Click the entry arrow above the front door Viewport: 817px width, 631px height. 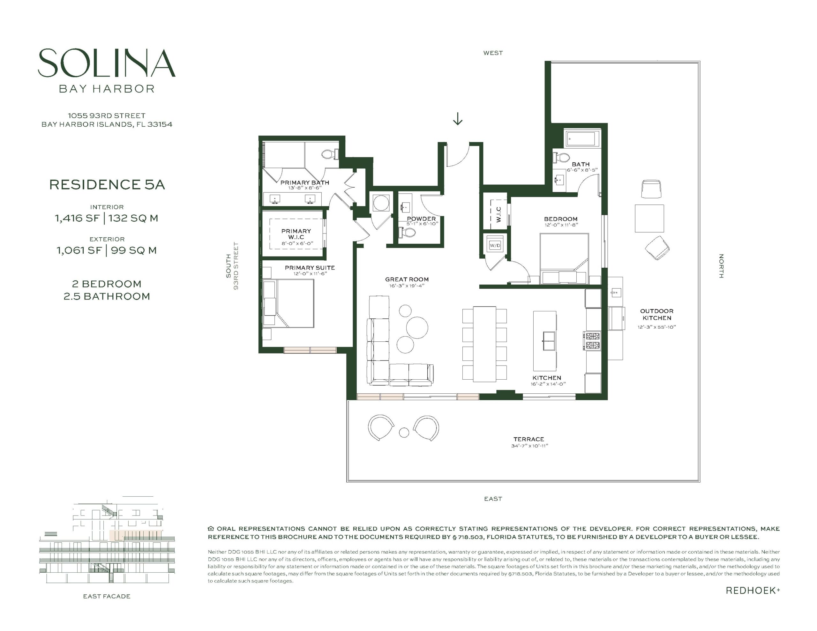click(x=458, y=119)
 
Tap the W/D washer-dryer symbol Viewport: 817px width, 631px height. click(x=495, y=245)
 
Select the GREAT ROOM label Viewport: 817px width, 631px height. click(x=407, y=279)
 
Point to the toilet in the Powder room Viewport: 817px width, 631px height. click(x=407, y=233)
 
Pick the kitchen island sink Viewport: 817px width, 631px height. click(x=549, y=341)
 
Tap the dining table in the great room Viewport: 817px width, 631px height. click(x=484, y=344)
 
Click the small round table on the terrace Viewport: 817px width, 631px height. click(x=404, y=432)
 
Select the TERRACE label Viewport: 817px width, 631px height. click(x=528, y=439)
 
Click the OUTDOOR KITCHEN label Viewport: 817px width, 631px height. click(x=656, y=315)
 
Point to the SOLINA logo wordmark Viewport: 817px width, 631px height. click(x=107, y=63)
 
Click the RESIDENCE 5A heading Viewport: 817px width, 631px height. click(x=107, y=184)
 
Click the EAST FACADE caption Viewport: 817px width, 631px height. click(x=107, y=596)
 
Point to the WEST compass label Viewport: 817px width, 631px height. click(x=493, y=53)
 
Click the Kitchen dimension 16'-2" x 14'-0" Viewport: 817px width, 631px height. click(x=548, y=384)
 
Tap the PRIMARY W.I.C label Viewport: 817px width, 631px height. click(x=296, y=234)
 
